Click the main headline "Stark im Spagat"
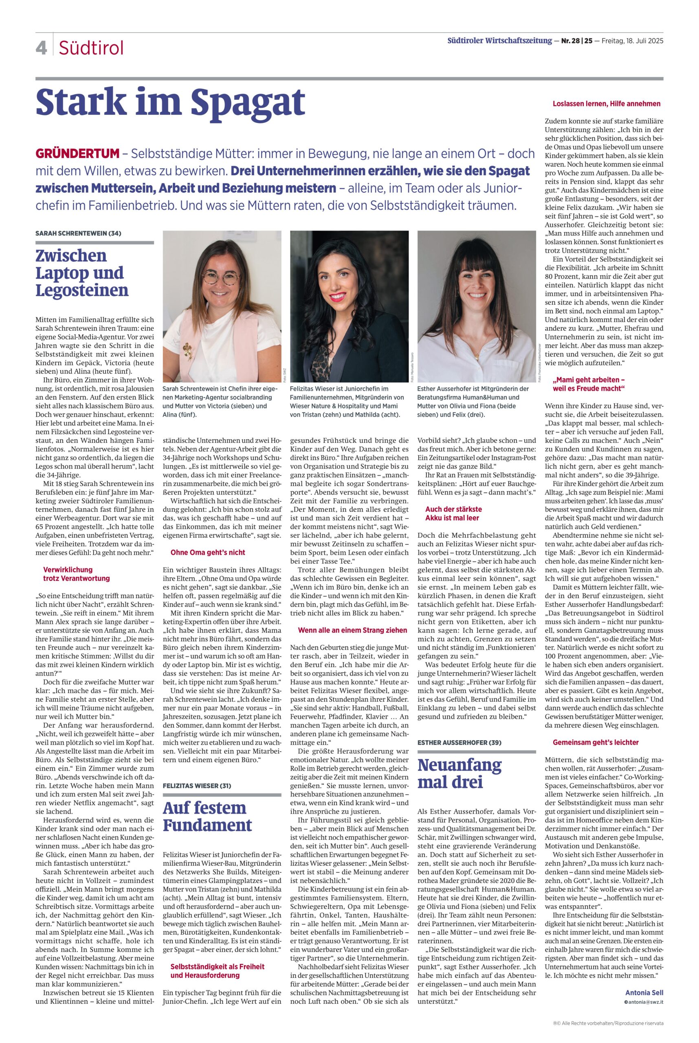tap(170, 103)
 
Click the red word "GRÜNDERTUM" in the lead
tap(77, 154)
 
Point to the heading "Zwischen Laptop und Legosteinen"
tap(82, 273)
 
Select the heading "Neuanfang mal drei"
tap(459, 774)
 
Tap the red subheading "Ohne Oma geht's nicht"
tap(208, 552)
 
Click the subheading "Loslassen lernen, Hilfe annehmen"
tap(606, 103)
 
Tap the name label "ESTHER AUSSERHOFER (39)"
tap(459, 742)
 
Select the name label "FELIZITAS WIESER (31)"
tap(197, 785)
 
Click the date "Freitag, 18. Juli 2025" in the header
tap(632, 41)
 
